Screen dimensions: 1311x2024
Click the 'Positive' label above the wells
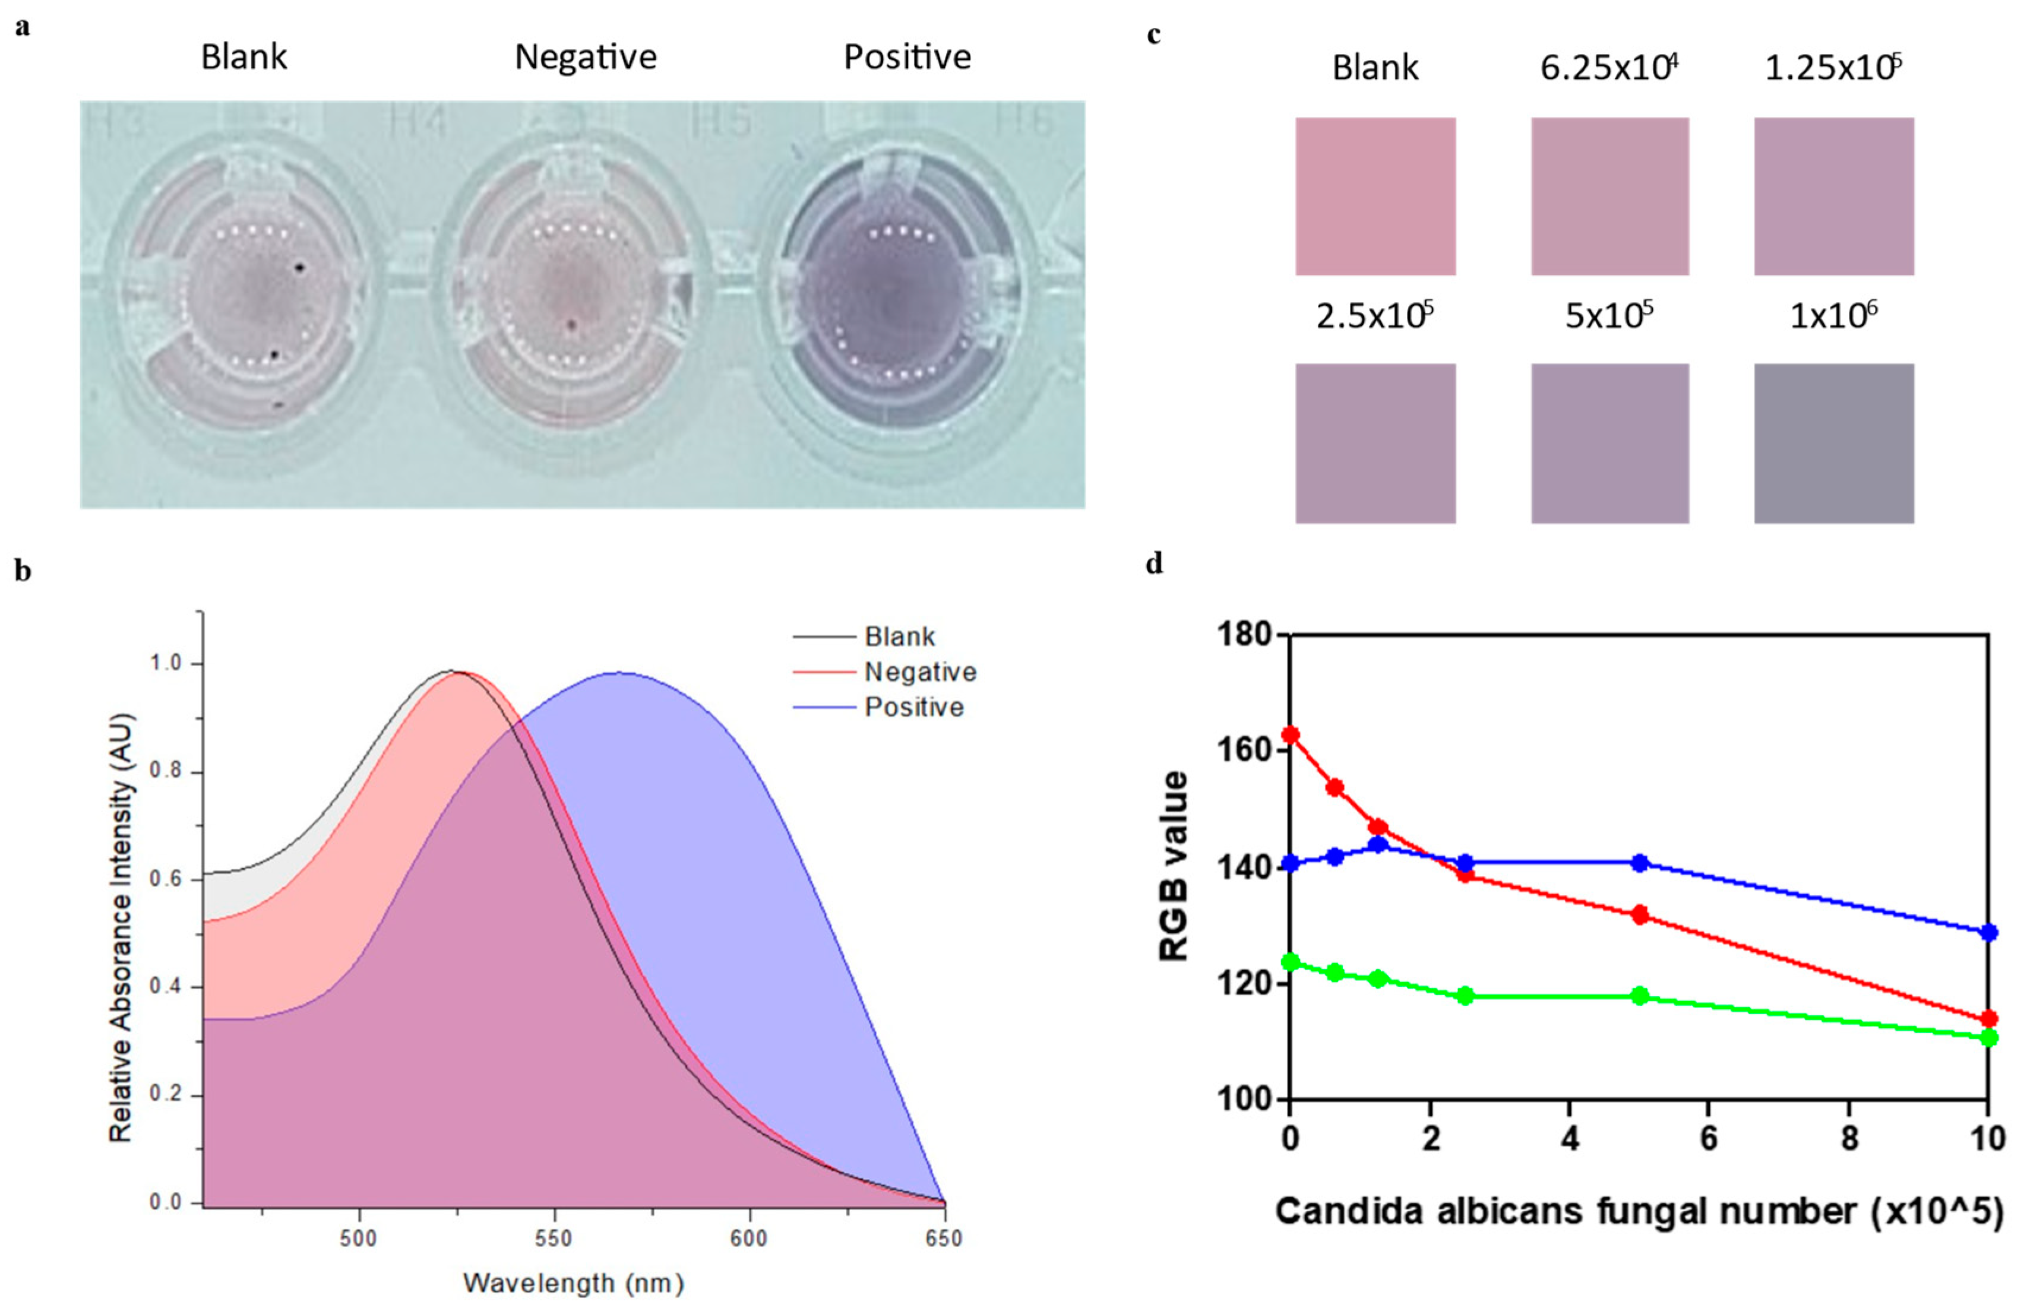(x=906, y=57)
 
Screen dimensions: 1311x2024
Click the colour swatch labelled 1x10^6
(x=1833, y=443)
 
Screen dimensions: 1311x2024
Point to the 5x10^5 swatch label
(x=1609, y=316)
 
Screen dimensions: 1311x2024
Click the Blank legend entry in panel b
(x=900, y=636)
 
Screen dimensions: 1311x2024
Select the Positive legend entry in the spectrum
(x=913, y=707)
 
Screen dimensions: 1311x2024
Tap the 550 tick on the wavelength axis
(x=554, y=1239)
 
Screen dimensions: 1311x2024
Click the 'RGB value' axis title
(x=1174, y=866)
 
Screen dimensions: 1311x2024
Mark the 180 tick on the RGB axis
(x=1244, y=634)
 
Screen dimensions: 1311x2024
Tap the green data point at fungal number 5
(x=1640, y=996)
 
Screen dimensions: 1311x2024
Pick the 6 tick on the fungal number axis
(x=1709, y=1138)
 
